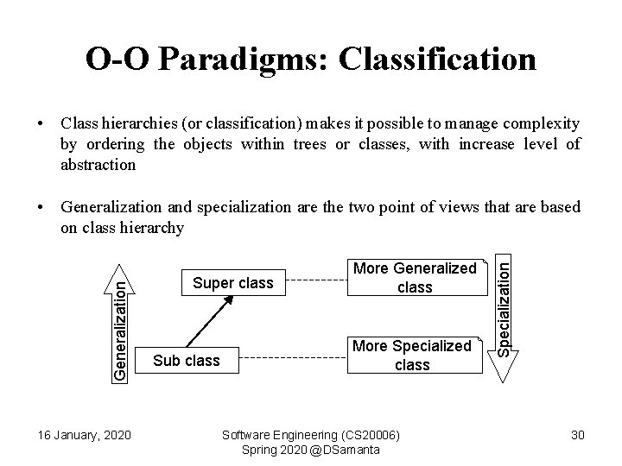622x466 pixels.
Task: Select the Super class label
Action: pyautogui.click(x=232, y=283)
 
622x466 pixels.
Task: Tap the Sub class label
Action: pyautogui.click(x=186, y=360)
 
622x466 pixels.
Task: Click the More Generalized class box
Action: pyautogui.click(x=414, y=278)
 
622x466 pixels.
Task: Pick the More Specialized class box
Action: pyautogui.click(x=413, y=356)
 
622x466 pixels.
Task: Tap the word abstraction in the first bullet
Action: pyautogui.click(x=98, y=164)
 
